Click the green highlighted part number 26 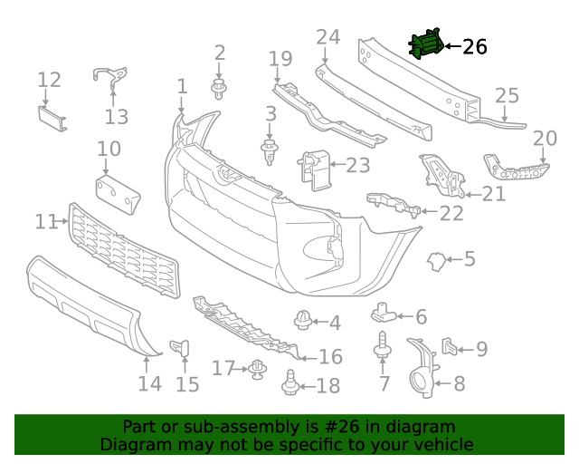click(x=425, y=45)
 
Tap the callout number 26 click(x=474, y=46)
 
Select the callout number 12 click(x=49, y=80)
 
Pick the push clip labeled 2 click(x=219, y=88)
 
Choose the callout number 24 click(x=327, y=37)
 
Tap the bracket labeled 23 click(x=312, y=169)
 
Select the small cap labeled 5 click(x=439, y=261)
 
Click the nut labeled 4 click(x=303, y=320)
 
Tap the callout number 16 click(x=331, y=357)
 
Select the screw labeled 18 click(x=291, y=384)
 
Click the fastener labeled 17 click(x=259, y=369)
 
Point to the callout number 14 click(x=149, y=383)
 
